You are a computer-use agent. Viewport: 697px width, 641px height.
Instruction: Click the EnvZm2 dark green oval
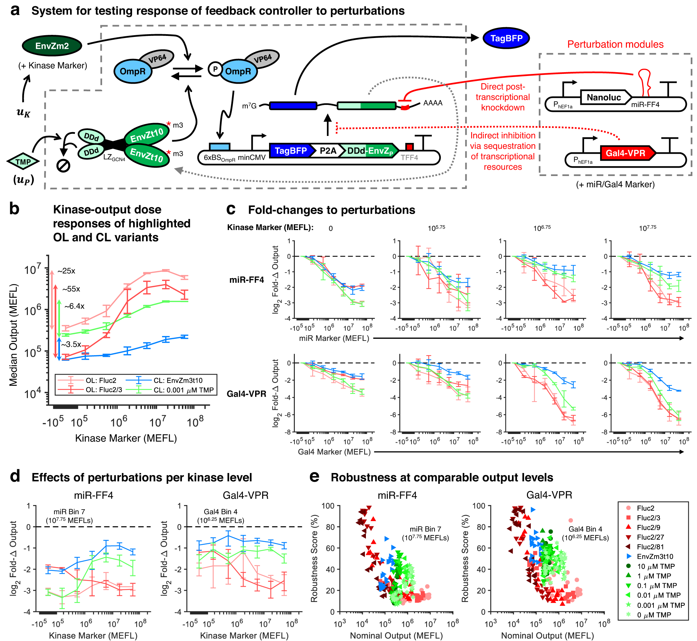coord(52,46)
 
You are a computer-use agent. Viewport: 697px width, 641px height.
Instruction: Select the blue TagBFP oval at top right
coord(506,38)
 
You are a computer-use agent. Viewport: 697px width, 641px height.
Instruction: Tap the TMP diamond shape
coord(23,161)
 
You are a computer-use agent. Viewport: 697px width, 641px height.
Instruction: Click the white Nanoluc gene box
coord(604,97)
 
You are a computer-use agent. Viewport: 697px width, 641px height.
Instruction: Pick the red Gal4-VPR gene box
coord(626,153)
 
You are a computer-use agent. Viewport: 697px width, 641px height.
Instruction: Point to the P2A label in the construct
coord(328,151)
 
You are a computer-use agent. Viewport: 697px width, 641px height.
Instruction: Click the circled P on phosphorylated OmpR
coord(215,69)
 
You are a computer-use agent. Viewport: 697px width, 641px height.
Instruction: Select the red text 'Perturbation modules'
coord(615,44)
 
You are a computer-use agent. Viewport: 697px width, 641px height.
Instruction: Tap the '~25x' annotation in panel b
coord(66,271)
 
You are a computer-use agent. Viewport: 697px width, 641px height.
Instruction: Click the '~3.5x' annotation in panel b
coord(71,344)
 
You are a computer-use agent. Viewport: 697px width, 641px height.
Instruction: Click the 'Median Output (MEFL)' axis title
coord(13,335)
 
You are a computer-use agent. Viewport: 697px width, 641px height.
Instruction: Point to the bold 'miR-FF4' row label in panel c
coord(246,280)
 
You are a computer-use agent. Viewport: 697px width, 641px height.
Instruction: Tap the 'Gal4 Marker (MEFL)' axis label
coord(334,452)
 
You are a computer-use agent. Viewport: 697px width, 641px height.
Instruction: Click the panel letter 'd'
coord(15,476)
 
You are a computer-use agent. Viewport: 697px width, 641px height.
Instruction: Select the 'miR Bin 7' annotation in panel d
coord(69,512)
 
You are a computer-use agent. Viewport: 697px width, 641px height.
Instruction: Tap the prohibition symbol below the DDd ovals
coord(63,166)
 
